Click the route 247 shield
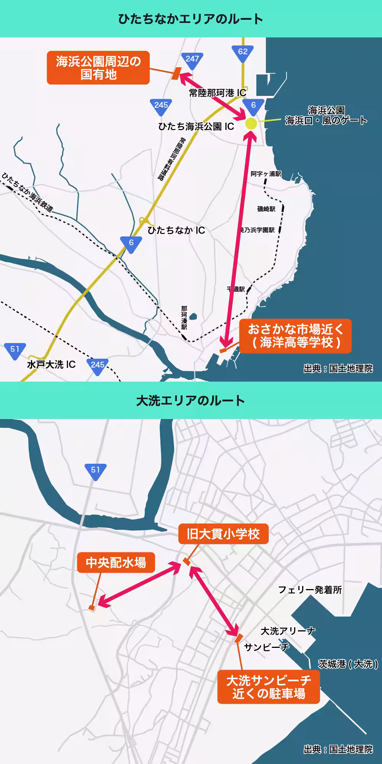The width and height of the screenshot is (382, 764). pos(192,60)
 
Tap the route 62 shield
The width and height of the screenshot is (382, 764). pos(243,52)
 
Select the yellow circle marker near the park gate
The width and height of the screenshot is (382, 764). pos(251,123)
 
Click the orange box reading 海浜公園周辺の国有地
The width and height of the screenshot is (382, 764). pos(98,68)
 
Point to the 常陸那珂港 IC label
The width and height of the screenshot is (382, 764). pos(217,93)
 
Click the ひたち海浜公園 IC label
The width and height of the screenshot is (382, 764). pos(196,126)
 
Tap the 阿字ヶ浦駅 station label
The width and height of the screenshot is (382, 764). pos(265,174)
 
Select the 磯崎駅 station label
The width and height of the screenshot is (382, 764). pos(266,209)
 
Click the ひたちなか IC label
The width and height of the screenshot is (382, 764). pos(176,230)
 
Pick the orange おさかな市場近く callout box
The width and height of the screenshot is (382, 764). pos(295,336)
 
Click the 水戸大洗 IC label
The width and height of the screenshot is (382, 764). pos(51,364)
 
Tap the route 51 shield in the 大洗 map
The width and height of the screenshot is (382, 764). pos(95,471)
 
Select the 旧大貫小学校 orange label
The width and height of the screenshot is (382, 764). pos(223,534)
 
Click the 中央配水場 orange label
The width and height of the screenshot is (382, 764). pos(116,562)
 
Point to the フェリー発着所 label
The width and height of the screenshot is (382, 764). pos(310,590)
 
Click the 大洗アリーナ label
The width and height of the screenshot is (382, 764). pos(288,631)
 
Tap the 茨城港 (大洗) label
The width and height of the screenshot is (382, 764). pos(348,664)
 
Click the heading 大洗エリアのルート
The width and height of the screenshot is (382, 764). pos(191,401)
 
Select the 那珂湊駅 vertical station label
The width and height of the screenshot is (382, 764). pos(184,318)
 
